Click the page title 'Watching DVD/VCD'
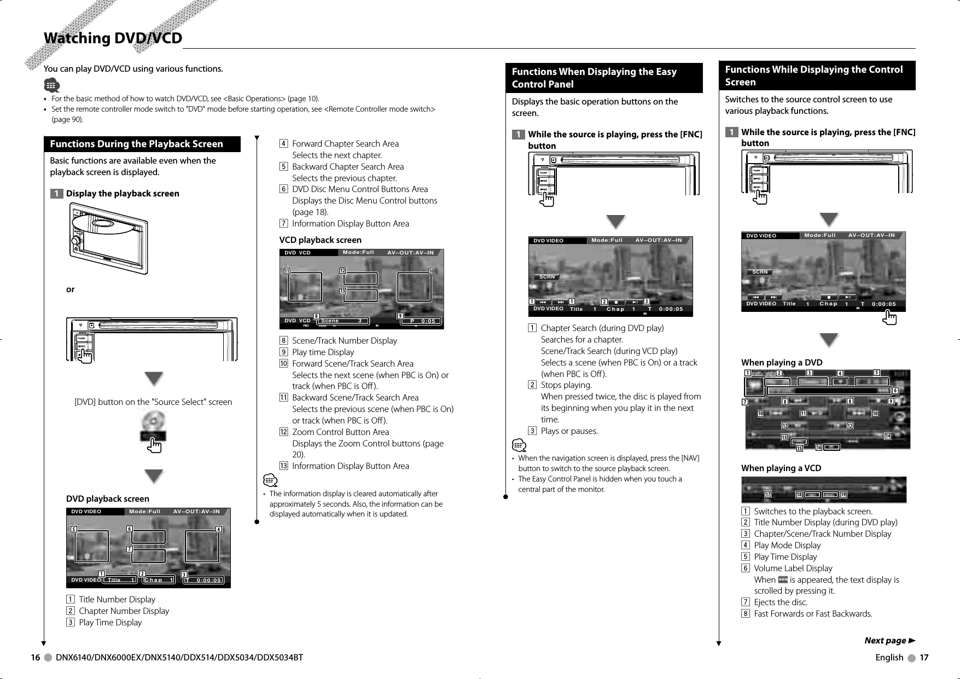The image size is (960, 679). click(x=113, y=38)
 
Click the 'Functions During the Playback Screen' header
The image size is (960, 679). click(x=136, y=144)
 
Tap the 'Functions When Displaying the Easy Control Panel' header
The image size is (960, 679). click(x=594, y=78)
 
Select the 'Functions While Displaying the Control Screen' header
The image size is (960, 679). click(x=813, y=76)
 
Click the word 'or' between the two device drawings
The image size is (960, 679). click(x=70, y=289)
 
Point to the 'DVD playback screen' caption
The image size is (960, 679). click(x=107, y=498)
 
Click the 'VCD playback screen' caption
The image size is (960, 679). click(x=320, y=240)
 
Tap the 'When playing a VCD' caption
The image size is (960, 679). click(x=781, y=468)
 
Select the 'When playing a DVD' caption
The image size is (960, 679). click(x=781, y=362)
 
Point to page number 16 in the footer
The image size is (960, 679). click(x=35, y=657)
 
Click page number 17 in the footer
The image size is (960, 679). click(x=923, y=657)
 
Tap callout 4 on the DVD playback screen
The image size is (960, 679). click(x=218, y=529)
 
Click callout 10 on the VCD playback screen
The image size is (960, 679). click(x=432, y=271)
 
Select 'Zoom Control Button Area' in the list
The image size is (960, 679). click(x=340, y=432)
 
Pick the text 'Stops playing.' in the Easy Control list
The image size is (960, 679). click(x=566, y=385)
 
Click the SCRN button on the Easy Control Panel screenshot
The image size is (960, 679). click(x=547, y=277)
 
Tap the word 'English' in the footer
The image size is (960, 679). click(x=889, y=657)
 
